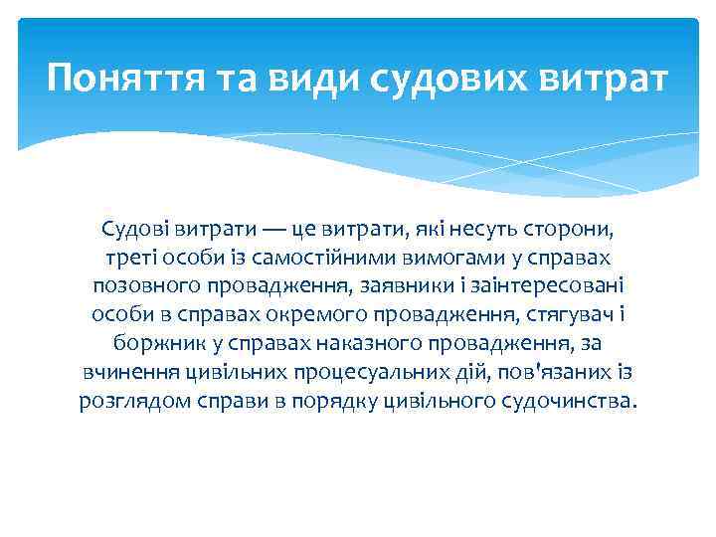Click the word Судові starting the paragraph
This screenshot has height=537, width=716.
coord(132,231)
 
